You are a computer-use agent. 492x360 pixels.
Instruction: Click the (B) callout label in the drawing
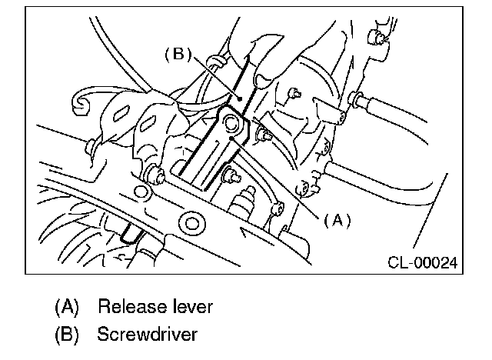(176, 55)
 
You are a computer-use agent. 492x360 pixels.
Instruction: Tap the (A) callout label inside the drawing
(337, 220)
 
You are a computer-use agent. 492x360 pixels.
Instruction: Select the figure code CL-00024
(421, 263)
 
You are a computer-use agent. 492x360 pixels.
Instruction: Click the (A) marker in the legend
(68, 308)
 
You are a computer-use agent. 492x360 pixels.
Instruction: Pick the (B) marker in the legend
(68, 335)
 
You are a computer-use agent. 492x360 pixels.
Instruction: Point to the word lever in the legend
(191, 308)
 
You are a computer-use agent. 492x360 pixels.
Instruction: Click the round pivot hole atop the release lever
(231, 122)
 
